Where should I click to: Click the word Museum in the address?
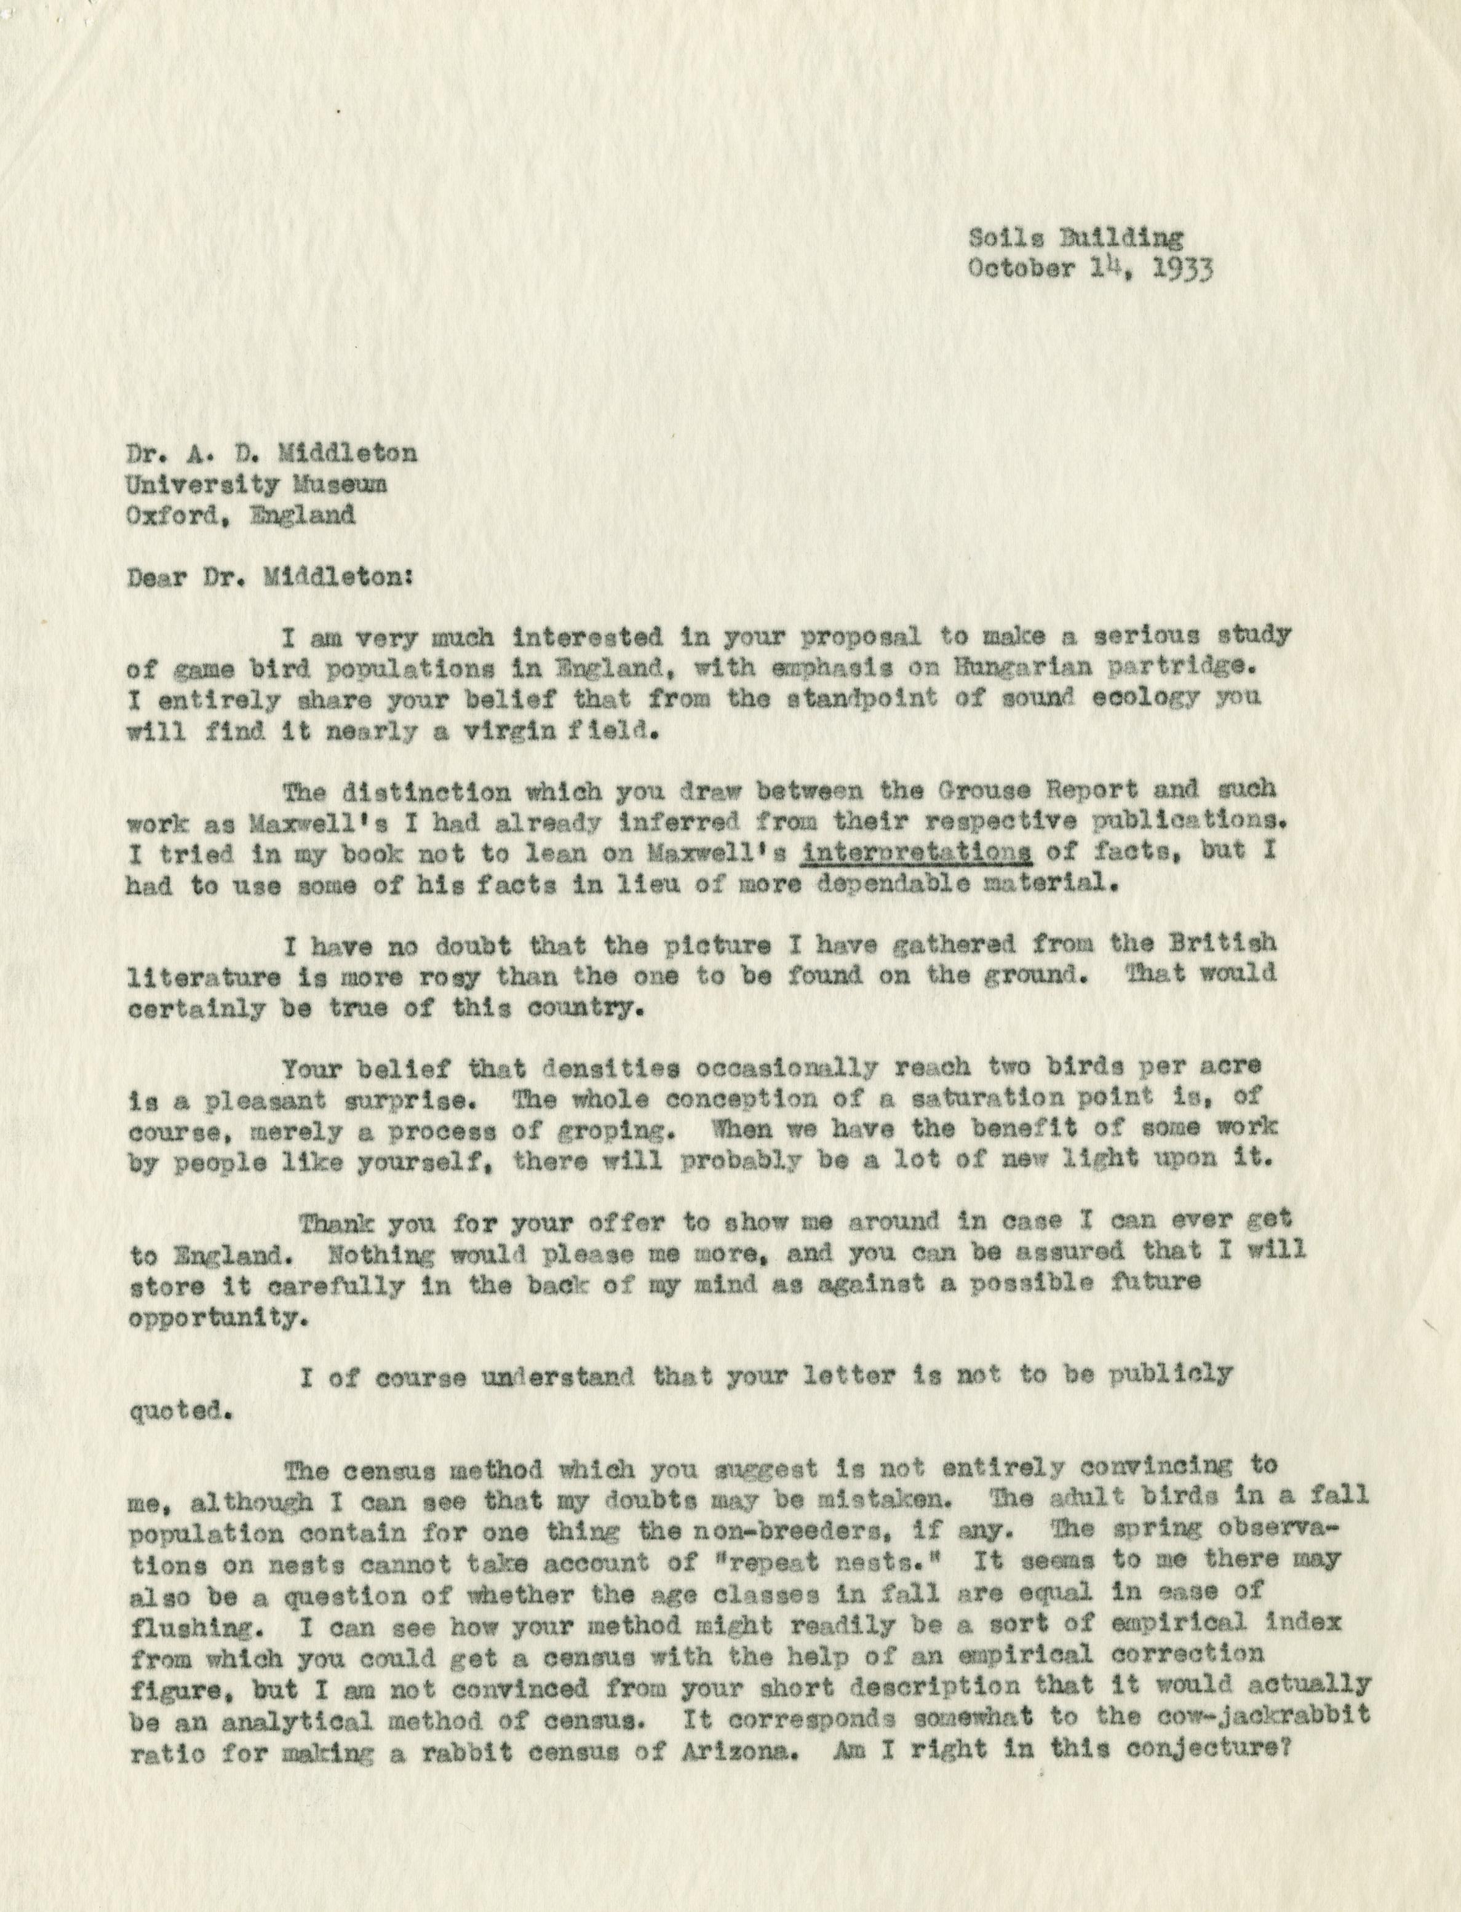tap(336, 485)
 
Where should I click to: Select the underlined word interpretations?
tap(917, 853)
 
